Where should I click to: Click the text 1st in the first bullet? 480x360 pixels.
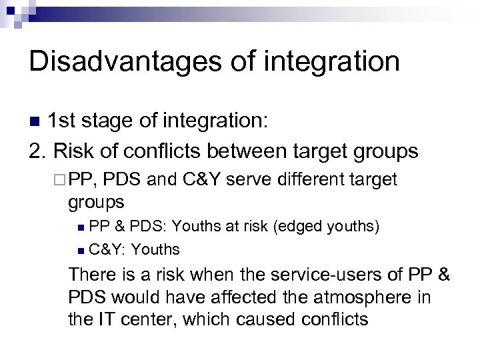66,121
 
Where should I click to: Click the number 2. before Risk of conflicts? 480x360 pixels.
37,151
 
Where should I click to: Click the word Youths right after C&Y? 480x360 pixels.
156,250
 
